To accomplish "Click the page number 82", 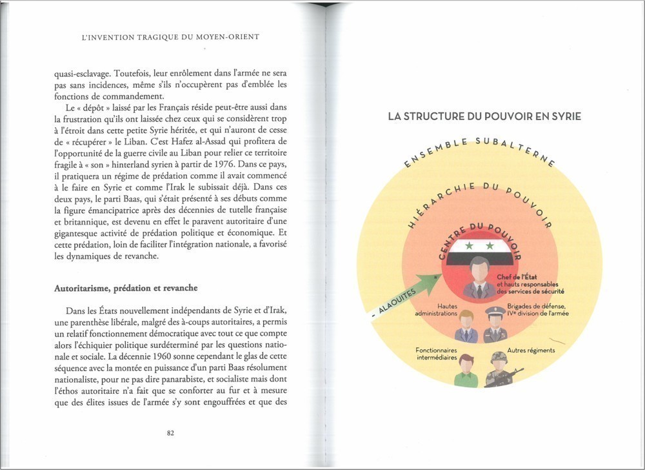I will click(170, 433).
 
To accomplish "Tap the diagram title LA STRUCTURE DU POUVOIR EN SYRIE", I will click(484, 117).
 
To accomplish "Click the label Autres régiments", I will click(531, 351).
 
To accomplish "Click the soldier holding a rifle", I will click(501, 370).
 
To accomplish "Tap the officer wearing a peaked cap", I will click(495, 325).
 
